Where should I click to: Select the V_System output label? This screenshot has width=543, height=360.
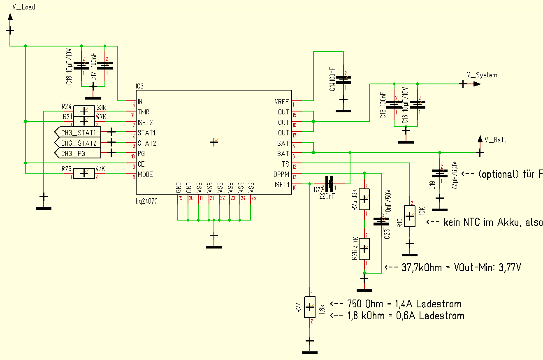482,75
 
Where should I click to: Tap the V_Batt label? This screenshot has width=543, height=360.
495,140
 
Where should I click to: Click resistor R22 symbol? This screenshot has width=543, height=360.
309,307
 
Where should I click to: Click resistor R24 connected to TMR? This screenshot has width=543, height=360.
84,111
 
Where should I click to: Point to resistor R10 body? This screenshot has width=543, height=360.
409,216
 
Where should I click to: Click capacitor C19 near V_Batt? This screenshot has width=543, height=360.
440,174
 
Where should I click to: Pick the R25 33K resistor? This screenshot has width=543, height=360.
364,200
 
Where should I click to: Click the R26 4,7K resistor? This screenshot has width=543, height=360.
364,249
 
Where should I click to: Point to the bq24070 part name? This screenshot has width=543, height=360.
146,202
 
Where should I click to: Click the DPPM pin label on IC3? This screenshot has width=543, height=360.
282,174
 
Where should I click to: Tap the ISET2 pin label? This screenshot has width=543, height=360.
145,122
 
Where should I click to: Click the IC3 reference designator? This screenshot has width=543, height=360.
140,87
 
